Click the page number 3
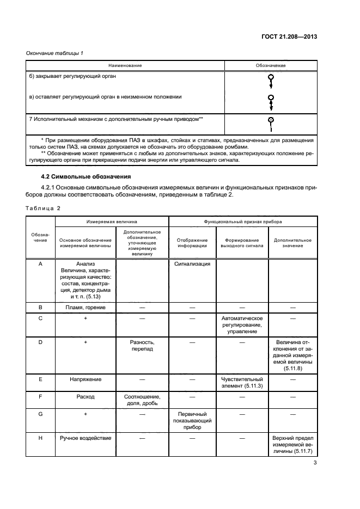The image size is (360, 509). (x=315, y=463)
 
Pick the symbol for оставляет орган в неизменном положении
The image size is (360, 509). (x=271, y=101)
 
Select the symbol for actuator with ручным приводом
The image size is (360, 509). (x=271, y=123)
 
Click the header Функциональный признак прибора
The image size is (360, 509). (x=242, y=222)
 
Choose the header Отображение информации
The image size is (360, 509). (x=192, y=242)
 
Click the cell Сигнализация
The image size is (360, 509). (x=192, y=263)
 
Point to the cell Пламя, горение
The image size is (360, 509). (x=86, y=307)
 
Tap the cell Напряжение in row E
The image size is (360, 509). (x=86, y=378)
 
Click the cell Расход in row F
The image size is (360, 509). (x=86, y=397)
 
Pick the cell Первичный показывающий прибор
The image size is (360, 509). (x=192, y=420)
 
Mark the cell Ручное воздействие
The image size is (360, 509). (x=86, y=438)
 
